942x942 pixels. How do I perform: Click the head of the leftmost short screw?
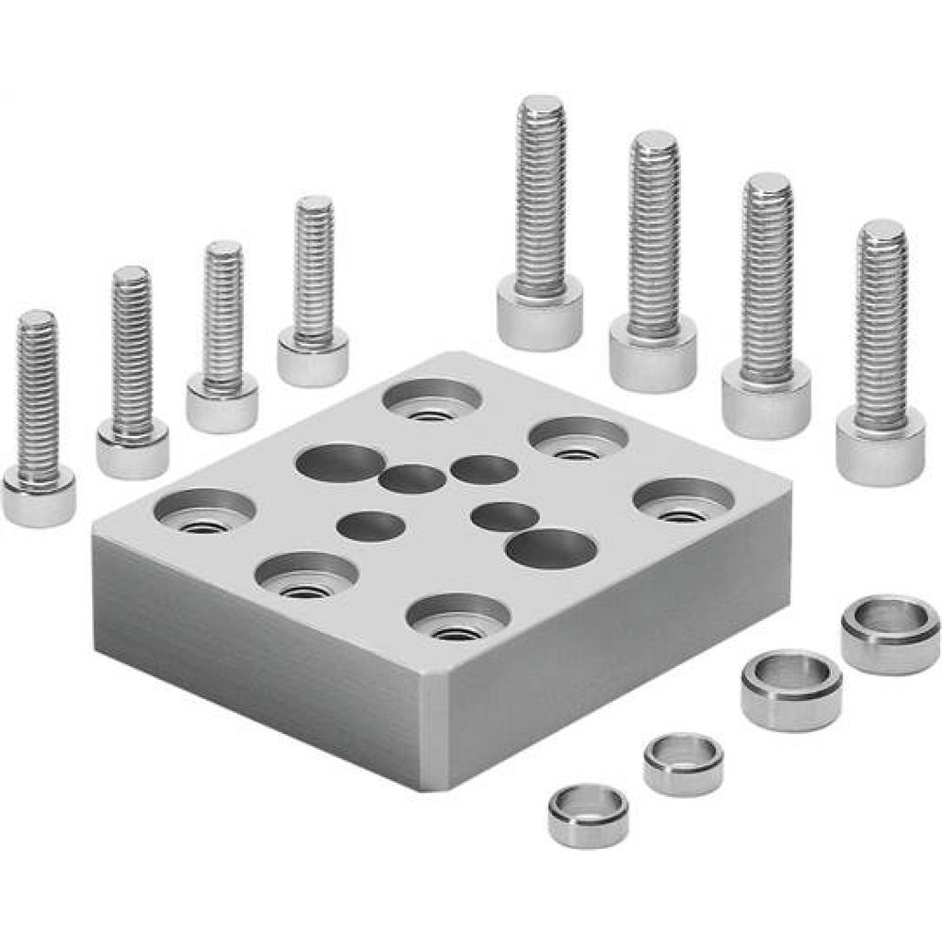(39, 497)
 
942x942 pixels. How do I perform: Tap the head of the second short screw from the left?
(132, 452)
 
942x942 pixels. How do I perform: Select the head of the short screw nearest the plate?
(314, 361)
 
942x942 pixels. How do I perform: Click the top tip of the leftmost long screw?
(541, 106)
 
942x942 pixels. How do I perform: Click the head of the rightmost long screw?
(880, 452)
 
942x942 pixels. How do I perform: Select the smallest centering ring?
(589, 817)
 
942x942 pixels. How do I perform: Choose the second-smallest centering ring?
(684, 762)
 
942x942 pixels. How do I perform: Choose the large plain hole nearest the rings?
(555, 548)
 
